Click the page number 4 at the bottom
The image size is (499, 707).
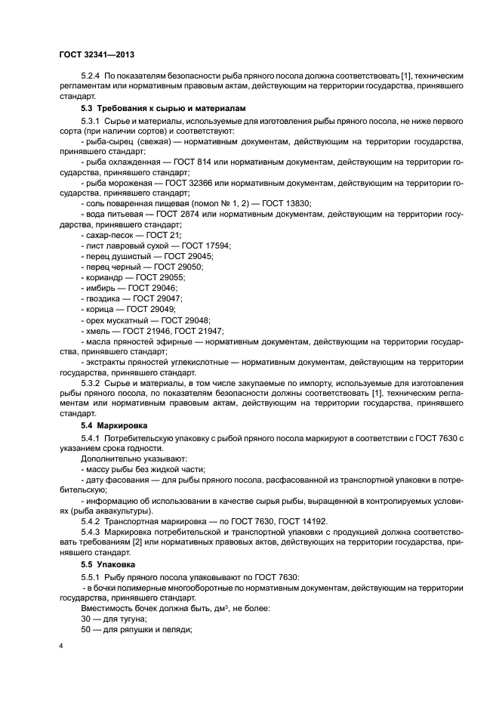61,647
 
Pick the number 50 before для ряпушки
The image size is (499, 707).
86,629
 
